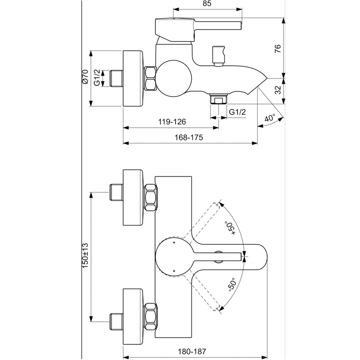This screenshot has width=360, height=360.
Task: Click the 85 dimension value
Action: [x=207, y=4]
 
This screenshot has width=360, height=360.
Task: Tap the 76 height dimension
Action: [x=278, y=48]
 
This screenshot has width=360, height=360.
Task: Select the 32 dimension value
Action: [x=278, y=89]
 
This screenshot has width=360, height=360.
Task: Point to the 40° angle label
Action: [x=270, y=119]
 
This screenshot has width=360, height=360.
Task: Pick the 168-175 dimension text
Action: [x=189, y=138]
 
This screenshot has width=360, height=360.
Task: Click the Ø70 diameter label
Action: [x=84, y=78]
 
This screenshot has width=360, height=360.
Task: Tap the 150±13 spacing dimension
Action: [x=84, y=256]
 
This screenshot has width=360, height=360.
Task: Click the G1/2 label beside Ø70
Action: [x=97, y=78]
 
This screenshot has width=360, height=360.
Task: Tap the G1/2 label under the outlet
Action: [x=237, y=112]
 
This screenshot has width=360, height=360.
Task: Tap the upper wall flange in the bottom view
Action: [x=134, y=198]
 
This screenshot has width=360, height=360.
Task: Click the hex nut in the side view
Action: [x=150, y=78]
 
